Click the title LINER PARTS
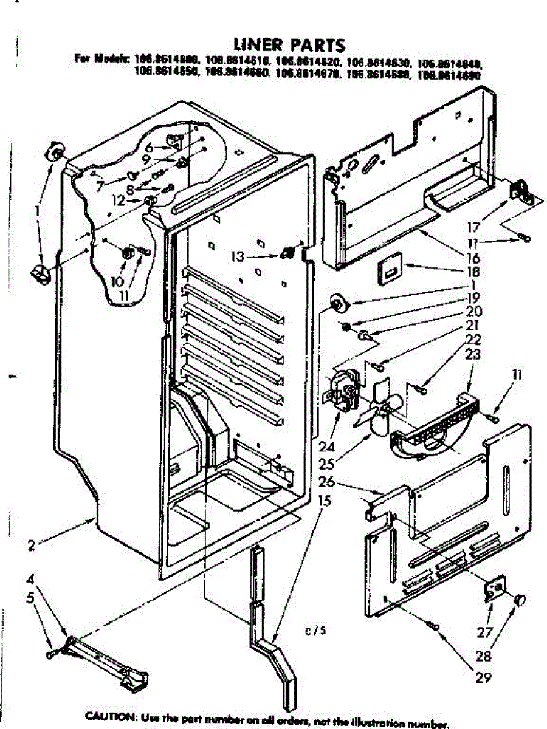pos(289,45)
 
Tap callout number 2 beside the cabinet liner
pos(31,545)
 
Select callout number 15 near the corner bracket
pos(325,502)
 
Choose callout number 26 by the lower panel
pos(327,482)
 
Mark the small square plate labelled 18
pos(390,269)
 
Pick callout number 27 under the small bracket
pos(484,632)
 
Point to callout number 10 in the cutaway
pos(117,281)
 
